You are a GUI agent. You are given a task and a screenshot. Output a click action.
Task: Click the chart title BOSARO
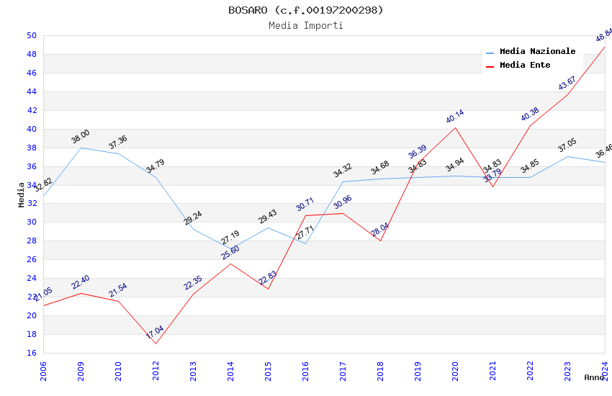point(305,10)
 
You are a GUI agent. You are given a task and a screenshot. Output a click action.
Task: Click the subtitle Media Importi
point(305,26)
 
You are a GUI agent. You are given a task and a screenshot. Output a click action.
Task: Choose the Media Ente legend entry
point(525,66)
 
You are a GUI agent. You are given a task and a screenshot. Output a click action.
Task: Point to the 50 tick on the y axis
point(31,36)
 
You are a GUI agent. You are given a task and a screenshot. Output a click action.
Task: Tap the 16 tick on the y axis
point(31,354)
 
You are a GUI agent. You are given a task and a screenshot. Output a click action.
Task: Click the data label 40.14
point(454,117)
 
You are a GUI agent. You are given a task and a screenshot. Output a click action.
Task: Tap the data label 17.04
point(155,332)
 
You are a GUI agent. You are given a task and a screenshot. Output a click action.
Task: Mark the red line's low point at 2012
point(156,343)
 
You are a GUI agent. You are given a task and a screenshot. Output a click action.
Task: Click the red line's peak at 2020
point(455,127)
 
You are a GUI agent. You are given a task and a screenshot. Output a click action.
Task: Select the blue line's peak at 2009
point(81,148)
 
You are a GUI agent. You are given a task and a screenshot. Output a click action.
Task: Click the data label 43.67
point(567,84)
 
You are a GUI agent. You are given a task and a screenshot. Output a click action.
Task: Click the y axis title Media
point(22,194)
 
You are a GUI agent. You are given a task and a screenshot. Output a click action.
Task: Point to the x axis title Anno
point(594,377)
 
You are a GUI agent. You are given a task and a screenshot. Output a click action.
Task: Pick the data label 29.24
point(192,218)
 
